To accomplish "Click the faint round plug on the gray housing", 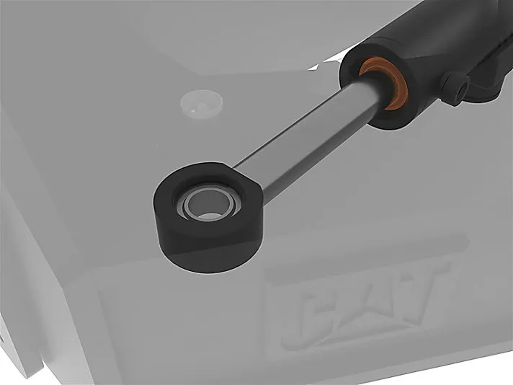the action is (x=202, y=104).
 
